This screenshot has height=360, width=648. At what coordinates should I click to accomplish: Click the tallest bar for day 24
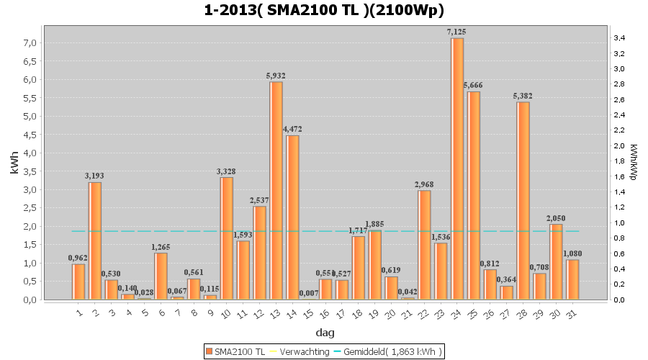(456, 168)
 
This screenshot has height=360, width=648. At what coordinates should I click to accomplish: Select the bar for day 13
(276, 191)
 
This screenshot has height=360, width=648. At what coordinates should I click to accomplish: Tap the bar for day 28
(523, 201)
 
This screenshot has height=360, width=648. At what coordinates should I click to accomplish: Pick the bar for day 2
(95, 240)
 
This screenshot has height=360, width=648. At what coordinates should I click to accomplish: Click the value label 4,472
(292, 129)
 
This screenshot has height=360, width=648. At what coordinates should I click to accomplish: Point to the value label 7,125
(456, 32)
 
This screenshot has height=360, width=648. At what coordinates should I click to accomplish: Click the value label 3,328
(226, 171)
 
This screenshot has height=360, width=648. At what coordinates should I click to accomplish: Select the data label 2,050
(555, 218)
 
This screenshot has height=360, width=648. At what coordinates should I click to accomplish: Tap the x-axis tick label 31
(571, 314)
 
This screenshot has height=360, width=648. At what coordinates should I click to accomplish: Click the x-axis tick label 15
(307, 314)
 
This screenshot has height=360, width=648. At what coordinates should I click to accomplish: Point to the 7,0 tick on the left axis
(30, 43)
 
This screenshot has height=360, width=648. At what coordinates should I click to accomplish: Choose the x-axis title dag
(324, 333)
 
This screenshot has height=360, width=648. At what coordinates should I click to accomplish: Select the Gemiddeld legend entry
(392, 351)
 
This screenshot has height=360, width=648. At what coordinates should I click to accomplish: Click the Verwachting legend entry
(300, 351)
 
